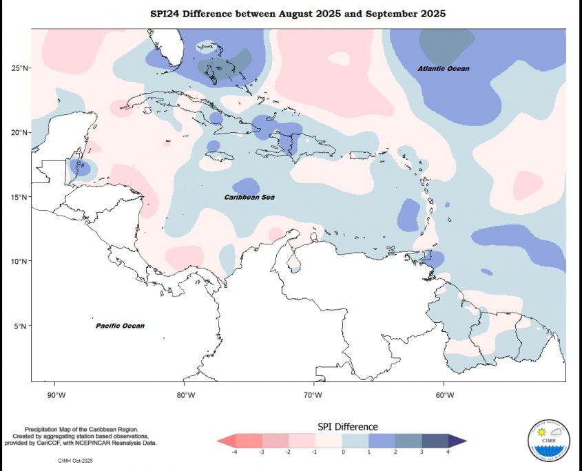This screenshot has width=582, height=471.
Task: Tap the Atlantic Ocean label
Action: [443, 69]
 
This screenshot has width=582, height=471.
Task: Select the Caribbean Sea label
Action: [249, 198]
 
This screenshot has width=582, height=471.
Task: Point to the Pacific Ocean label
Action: [120, 326]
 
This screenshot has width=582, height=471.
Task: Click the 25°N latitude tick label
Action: [19, 68]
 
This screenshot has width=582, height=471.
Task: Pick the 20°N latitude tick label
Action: [19, 132]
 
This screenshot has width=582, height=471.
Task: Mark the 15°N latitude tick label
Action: [19, 197]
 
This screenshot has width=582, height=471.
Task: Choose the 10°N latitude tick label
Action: [19, 262]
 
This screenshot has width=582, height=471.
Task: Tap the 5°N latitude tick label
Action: [21, 326]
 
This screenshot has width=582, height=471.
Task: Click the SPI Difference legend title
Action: [347, 427]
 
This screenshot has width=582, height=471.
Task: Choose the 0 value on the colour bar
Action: [342, 452]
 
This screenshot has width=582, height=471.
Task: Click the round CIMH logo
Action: [548, 440]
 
